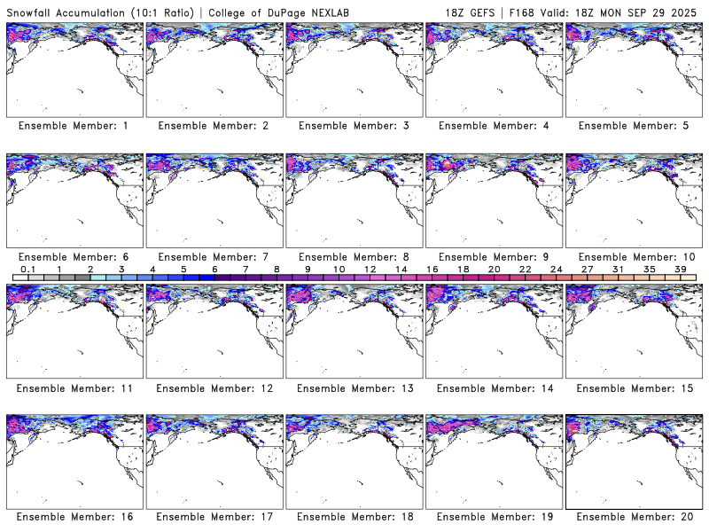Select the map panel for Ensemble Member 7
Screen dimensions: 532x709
[213, 200]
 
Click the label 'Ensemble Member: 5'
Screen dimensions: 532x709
[633, 126]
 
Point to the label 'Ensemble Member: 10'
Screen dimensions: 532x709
[633, 257]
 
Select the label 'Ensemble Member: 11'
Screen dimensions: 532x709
[73, 387]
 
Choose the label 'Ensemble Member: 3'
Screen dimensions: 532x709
[353, 126]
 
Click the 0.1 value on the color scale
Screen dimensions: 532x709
[27, 269]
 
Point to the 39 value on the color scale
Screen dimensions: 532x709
[680, 269]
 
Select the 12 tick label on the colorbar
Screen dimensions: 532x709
[370, 269]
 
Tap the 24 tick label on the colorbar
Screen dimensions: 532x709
[556, 269]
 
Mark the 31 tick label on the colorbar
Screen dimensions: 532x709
[618, 269]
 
